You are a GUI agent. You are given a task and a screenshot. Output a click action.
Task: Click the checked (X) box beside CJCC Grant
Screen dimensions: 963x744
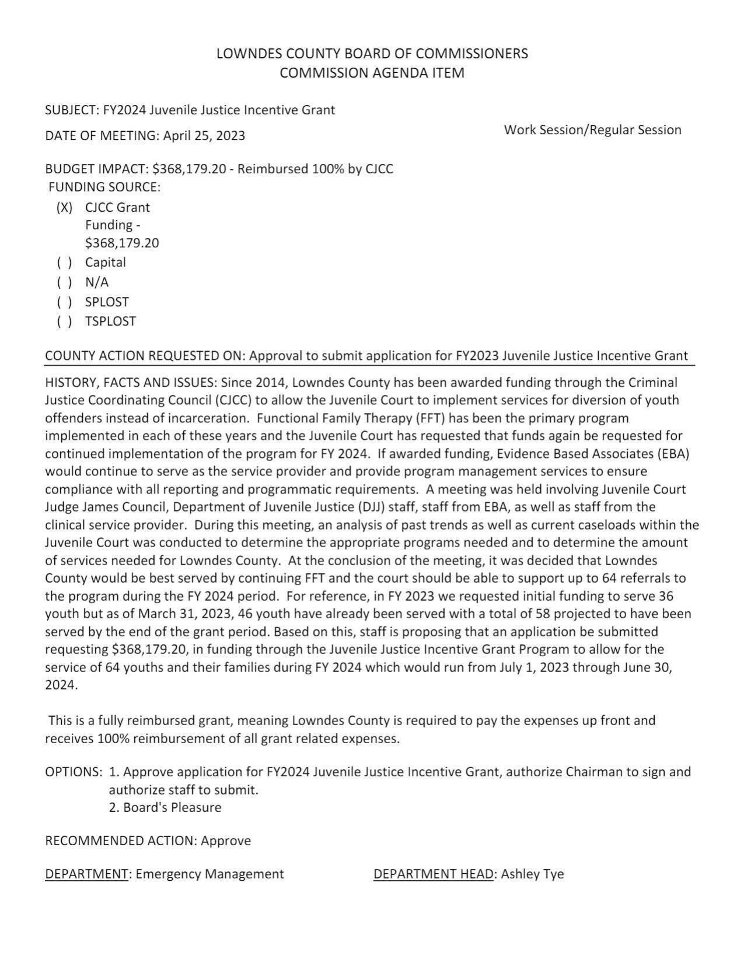[x=64, y=208]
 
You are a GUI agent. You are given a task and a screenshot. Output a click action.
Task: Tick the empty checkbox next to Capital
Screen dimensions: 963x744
[x=64, y=262]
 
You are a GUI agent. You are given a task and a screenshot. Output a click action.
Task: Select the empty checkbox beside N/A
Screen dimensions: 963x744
[x=64, y=282]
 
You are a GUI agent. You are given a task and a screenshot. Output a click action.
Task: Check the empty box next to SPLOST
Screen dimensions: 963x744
[x=64, y=302]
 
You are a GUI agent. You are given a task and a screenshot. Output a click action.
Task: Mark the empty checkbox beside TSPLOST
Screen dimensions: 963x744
[x=64, y=321]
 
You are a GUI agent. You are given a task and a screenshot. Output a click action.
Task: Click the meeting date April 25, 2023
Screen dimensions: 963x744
[x=204, y=136]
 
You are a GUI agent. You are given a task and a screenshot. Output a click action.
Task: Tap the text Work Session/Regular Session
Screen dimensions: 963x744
[x=592, y=129]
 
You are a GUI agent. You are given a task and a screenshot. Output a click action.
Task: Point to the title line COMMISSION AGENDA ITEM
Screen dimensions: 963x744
[x=372, y=73]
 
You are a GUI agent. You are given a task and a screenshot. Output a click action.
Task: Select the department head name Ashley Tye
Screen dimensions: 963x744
[x=532, y=874]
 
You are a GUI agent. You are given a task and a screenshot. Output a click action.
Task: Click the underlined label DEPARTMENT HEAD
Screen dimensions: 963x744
[x=434, y=874]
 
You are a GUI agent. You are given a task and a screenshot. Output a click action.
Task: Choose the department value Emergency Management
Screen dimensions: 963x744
[x=209, y=874]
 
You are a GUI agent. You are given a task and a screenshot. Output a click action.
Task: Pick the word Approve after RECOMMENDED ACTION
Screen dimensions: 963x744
[x=226, y=841]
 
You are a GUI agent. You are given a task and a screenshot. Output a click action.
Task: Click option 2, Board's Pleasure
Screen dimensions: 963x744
[x=165, y=807]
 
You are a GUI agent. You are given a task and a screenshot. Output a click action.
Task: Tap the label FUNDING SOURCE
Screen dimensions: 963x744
[x=104, y=187]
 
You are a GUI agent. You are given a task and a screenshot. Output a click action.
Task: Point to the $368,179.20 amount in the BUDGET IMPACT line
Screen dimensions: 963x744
[x=188, y=169]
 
